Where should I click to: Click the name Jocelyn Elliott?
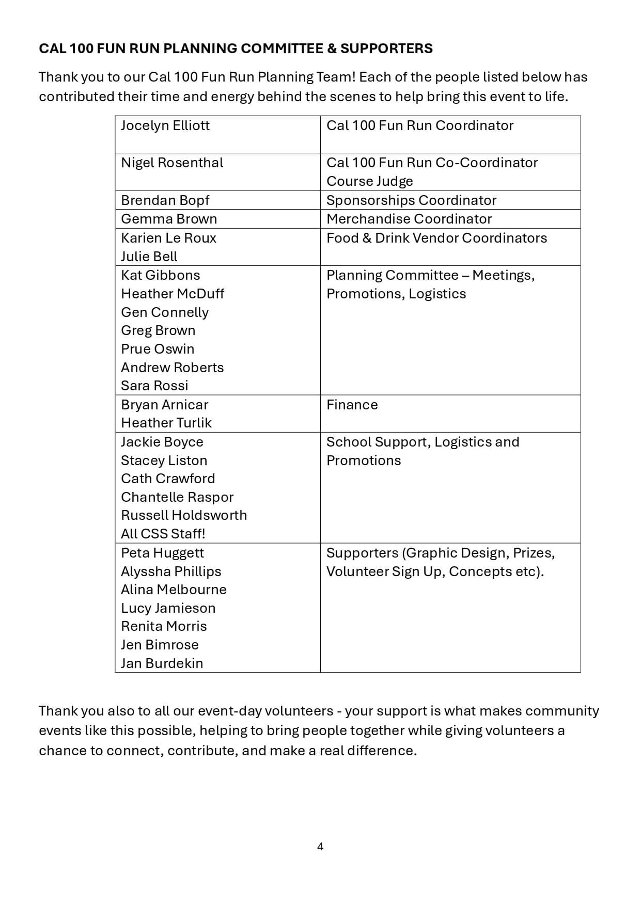(x=165, y=125)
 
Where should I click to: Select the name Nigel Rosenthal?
(x=172, y=163)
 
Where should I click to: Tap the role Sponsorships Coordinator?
(x=411, y=200)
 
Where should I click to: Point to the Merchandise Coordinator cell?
(x=409, y=219)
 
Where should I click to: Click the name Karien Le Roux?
(x=168, y=238)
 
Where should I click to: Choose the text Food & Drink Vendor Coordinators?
(x=436, y=238)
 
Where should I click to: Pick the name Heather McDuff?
(x=173, y=294)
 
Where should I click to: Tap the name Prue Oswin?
(x=158, y=349)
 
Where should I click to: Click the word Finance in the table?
(x=352, y=405)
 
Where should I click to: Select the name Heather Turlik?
(x=166, y=423)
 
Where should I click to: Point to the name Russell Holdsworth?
(x=184, y=515)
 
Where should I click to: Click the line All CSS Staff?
(x=163, y=534)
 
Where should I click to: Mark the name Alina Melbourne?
(x=174, y=590)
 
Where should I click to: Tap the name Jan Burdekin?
(x=162, y=663)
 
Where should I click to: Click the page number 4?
(x=320, y=847)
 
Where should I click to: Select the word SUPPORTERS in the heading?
(x=386, y=49)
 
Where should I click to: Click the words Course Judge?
(x=370, y=181)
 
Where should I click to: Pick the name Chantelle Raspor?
(x=177, y=497)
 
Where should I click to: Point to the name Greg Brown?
(x=158, y=330)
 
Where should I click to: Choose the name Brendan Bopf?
(x=165, y=200)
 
